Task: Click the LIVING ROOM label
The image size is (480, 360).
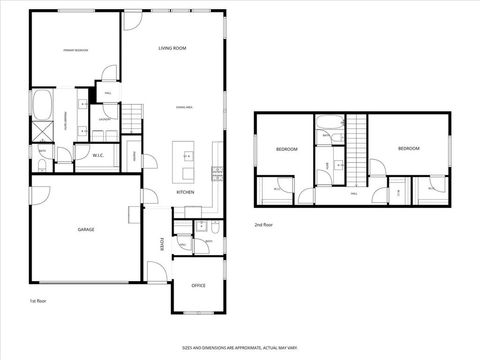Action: tap(173, 48)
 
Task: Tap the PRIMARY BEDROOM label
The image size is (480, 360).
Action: tap(76, 49)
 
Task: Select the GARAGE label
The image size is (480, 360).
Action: tap(86, 230)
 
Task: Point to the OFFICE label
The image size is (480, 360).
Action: tap(198, 286)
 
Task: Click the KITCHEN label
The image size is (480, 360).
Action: tap(185, 192)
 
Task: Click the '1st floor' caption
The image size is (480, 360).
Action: tap(38, 300)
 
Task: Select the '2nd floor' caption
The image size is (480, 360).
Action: tap(264, 225)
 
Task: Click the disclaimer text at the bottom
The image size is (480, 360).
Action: tap(240, 347)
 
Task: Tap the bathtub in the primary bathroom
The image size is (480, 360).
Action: tap(43, 103)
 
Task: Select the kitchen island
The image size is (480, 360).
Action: tap(184, 157)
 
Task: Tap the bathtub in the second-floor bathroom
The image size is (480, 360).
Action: tap(328, 127)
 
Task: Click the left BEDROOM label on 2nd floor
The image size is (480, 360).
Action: tap(287, 149)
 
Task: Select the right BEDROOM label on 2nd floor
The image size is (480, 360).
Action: tap(408, 148)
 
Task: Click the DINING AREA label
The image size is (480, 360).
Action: tap(184, 106)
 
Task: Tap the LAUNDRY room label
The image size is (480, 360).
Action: tap(104, 119)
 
